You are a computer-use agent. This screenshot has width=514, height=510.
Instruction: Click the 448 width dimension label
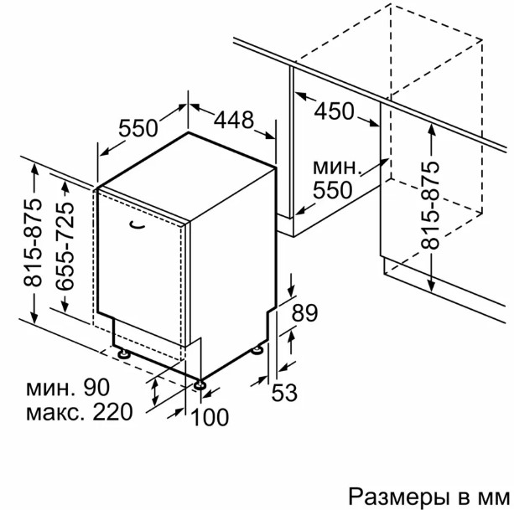(234, 120)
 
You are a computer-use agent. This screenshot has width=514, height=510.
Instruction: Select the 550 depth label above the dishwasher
(138, 128)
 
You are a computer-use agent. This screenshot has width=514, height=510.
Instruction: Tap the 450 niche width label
(335, 111)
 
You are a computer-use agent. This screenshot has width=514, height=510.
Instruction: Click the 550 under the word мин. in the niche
(332, 190)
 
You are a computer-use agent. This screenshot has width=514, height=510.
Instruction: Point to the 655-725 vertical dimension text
(65, 246)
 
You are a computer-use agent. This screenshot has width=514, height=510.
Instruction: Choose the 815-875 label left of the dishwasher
(33, 243)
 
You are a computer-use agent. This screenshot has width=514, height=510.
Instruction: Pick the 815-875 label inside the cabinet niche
(429, 205)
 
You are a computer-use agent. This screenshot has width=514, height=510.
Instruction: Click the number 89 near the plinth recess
(304, 313)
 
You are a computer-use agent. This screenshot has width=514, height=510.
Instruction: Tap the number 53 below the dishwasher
(284, 393)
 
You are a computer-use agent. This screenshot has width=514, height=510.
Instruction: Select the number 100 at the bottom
(210, 417)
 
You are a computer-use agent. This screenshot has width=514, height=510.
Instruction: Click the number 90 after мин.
(96, 387)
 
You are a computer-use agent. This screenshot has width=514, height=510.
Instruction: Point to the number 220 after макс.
(112, 412)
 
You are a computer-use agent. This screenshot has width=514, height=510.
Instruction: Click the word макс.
(57, 413)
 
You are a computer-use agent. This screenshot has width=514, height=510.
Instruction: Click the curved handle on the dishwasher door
(137, 224)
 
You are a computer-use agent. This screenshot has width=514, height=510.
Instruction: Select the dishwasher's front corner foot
(200, 384)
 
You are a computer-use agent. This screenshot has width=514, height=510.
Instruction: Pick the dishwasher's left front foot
(124, 354)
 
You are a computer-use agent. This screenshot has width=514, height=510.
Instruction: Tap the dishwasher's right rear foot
(257, 349)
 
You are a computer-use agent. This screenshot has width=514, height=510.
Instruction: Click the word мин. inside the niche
(337, 168)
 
